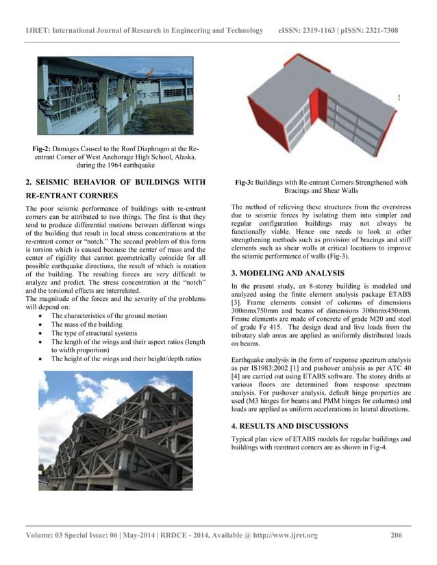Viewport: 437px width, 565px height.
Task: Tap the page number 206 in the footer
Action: point(396,534)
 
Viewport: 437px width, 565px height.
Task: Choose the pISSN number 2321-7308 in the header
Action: point(382,31)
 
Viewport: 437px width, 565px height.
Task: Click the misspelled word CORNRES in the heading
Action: point(88,195)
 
